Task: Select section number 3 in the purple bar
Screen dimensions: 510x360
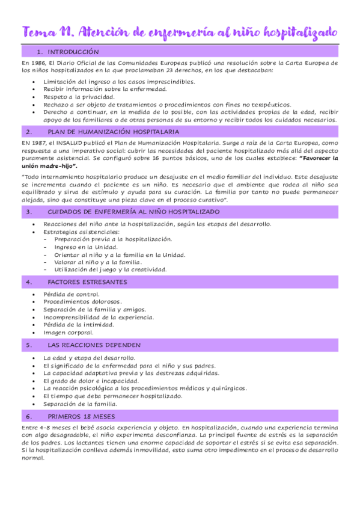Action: [28, 212]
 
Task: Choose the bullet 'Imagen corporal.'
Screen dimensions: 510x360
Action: [69, 332]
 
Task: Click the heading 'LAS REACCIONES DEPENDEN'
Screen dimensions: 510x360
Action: [94, 345]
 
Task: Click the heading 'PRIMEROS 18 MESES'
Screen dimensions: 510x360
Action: [82, 416]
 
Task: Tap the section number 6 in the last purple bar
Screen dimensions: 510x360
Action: [28, 416]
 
